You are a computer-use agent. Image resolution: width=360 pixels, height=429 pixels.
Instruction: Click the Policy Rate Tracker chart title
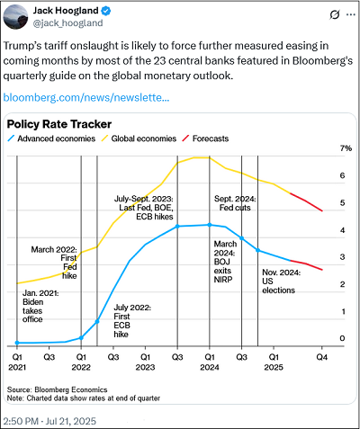(59, 124)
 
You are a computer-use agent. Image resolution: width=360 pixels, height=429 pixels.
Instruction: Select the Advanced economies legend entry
(51, 139)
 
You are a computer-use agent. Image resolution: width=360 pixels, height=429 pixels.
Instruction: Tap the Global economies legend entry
(139, 139)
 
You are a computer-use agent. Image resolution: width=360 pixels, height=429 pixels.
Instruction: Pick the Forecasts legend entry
(205, 139)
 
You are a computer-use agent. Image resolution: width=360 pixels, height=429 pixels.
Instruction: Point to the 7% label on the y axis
(346, 148)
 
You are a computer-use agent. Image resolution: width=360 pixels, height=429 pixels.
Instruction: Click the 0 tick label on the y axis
(342, 338)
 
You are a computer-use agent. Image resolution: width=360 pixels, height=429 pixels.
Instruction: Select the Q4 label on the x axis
(322, 357)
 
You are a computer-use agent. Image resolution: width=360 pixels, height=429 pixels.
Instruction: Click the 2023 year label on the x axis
(145, 367)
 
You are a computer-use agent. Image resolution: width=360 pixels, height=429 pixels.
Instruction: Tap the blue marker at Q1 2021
(17, 343)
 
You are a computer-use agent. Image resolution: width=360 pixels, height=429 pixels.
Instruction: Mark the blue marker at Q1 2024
(210, 225)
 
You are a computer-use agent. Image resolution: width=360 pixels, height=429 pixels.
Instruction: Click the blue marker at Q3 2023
(177, 227)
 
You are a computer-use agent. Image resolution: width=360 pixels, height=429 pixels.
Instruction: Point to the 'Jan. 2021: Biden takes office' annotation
(40, 306)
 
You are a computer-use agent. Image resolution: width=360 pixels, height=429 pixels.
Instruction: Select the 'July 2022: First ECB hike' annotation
(132, 321)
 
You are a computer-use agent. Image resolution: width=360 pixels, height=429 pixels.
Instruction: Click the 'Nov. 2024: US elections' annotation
(282, 282)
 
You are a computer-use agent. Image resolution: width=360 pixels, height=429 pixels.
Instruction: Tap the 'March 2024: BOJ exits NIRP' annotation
(225, 262)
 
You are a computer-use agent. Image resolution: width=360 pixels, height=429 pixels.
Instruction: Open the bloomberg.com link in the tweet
(86, 98)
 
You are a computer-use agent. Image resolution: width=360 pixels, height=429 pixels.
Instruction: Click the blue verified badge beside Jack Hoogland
(106, 11)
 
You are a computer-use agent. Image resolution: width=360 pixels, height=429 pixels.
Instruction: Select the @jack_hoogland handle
(67, 23)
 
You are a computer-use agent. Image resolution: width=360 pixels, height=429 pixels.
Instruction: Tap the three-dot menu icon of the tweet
(351, 14)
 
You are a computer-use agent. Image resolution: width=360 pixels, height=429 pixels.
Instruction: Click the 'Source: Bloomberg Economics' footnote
(57, 389)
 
